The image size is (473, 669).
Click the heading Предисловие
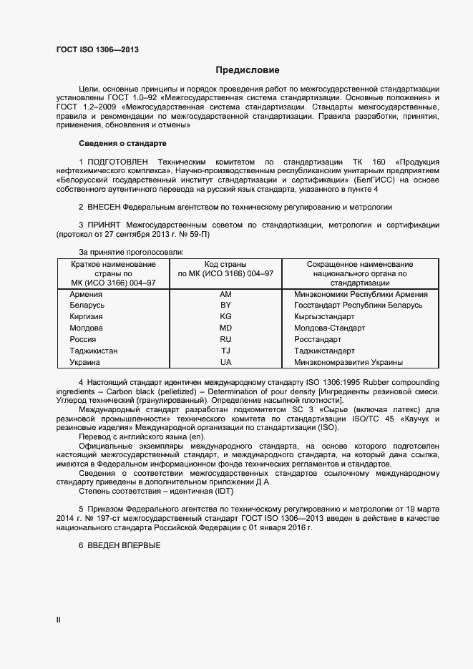pos(248,70)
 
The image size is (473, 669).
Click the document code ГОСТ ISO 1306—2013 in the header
pos(97,49)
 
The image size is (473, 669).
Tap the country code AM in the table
pos(225,294)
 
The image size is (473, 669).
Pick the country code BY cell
pos(225,306)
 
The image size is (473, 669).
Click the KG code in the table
pos(225,316)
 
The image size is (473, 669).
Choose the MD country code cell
pos(225,328)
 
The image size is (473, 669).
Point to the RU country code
pos(225,339)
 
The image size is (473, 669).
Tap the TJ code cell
pos(225,351)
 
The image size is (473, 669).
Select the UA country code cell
pos(225,362)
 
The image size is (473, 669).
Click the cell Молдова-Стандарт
pos(329,328)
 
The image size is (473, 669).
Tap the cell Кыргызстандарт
pos(324,316)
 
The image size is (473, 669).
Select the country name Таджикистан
pos(94,351)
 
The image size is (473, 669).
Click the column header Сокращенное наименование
pos(360,265)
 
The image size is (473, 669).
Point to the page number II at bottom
pos(59,620)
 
